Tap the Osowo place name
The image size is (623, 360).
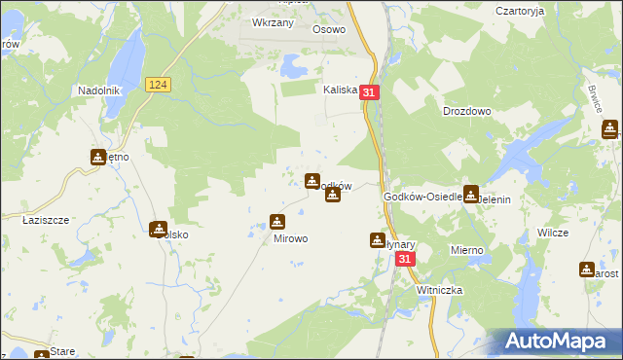click(x=329, y=29)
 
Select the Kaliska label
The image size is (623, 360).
click(x=341, y=89)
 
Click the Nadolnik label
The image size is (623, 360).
click(x=98, y=90)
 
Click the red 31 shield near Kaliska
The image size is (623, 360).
click(x=369, y=91)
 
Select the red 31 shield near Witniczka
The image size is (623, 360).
click(x=406, y=260)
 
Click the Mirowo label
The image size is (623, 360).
click(x=290, y=237)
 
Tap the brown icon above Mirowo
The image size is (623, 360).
click(x=277, y=222)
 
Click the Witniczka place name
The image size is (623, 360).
click(x=439, y=290)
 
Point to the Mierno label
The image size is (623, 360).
click(x=467, y=250)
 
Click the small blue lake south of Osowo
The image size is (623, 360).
click(x=291, y=66)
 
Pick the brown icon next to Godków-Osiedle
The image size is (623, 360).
click(x=471, y=193)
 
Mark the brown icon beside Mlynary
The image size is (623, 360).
click(x=378, y=239)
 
